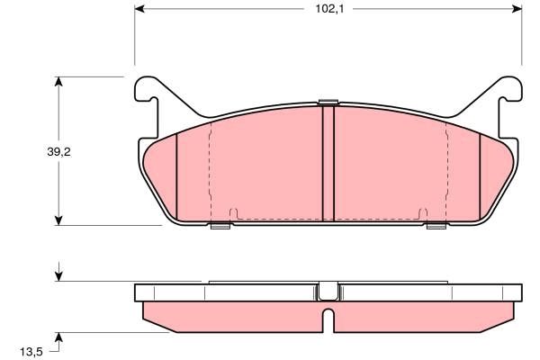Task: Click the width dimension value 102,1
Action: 328,12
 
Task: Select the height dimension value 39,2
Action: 59,152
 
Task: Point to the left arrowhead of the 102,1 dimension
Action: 140,12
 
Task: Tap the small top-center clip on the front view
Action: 328,101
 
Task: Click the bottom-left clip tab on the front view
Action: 220,226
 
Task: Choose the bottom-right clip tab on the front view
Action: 436,226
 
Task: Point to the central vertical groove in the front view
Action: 328,162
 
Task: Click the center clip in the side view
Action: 328,291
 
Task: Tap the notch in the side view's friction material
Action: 328,318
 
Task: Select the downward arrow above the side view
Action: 59,274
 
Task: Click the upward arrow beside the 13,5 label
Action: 59,338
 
